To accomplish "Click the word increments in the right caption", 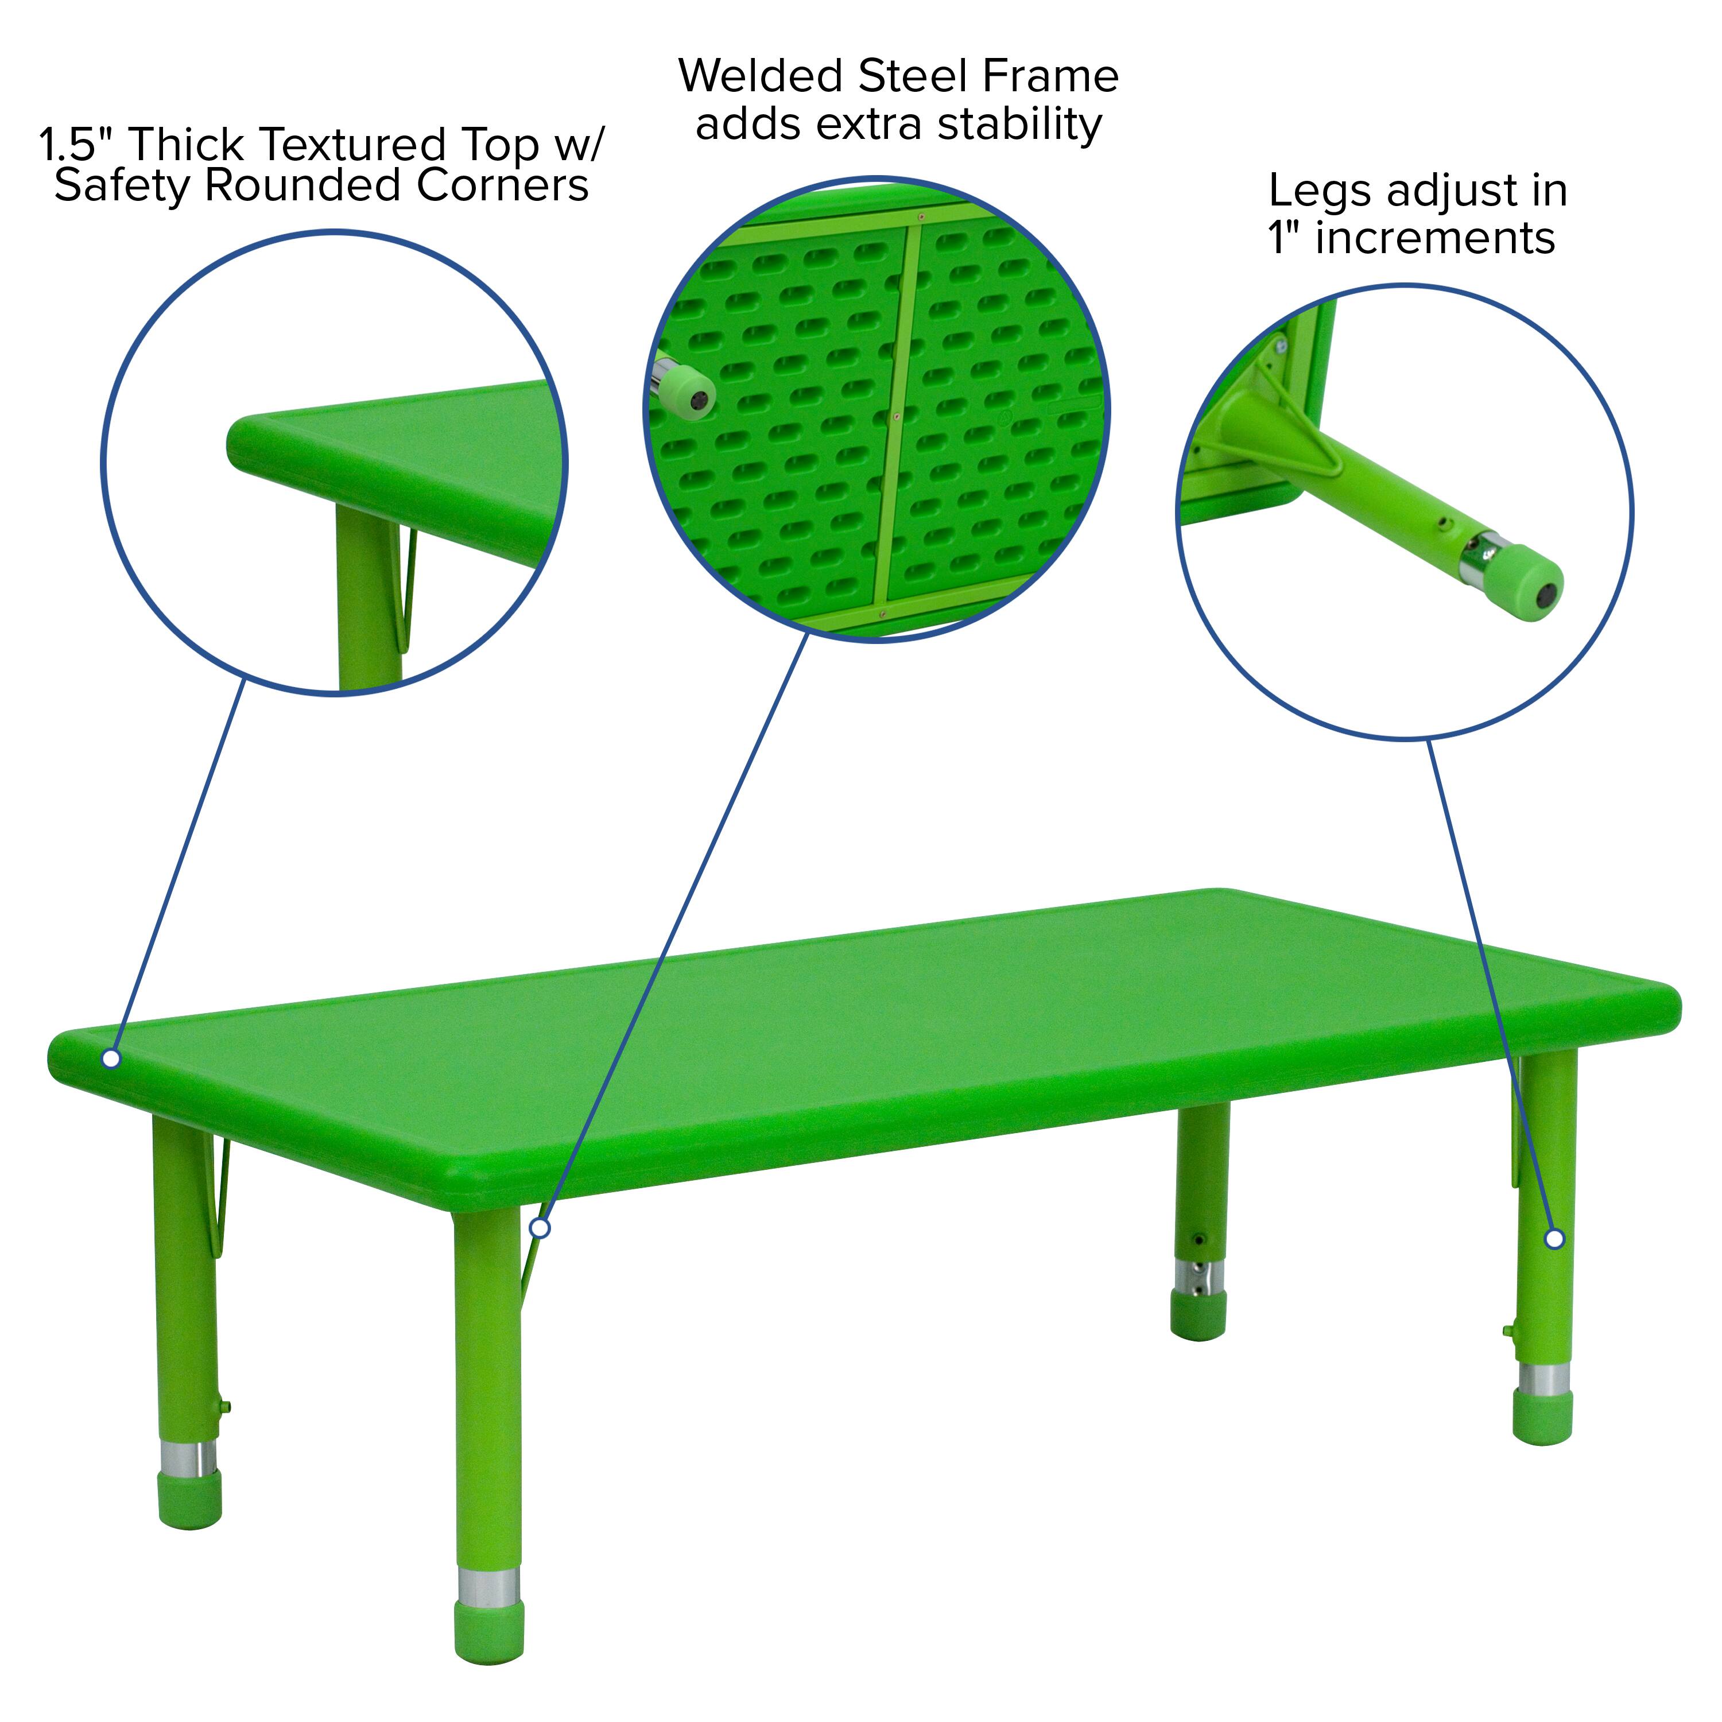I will [1435, 239].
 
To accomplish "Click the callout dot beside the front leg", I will [540, 1229].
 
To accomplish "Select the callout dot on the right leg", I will [1554, 1239].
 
